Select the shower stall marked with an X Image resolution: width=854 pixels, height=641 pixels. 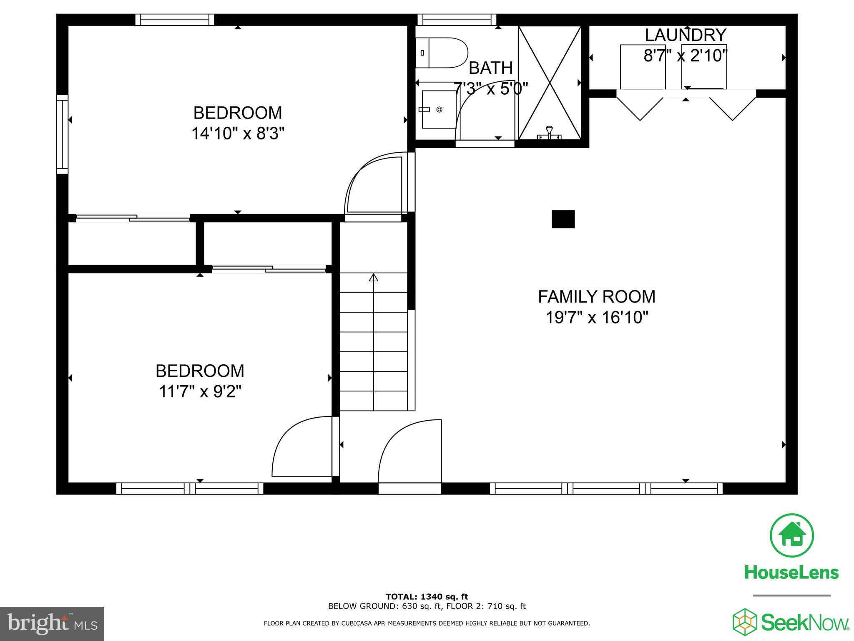pos(550,83)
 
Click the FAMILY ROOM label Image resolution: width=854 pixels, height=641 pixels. pos(596,297)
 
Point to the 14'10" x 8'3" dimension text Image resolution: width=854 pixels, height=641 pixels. pos(238,134)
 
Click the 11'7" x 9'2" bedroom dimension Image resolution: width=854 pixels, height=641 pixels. pos(200,392)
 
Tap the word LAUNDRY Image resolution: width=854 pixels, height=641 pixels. pos(686,35)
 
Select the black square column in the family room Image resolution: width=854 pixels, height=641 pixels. pos(563,219)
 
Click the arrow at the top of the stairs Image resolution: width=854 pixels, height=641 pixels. pos(373,277)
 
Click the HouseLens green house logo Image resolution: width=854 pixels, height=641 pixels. pos(791,536)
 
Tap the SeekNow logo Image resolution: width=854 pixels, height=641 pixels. pos(791,622)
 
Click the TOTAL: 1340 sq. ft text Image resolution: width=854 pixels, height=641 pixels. pos(427,597)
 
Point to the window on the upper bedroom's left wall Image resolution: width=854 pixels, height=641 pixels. pos(62,134)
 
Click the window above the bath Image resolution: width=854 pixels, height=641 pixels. pos(457,20)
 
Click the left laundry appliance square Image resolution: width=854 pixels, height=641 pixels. pos(642,67)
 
